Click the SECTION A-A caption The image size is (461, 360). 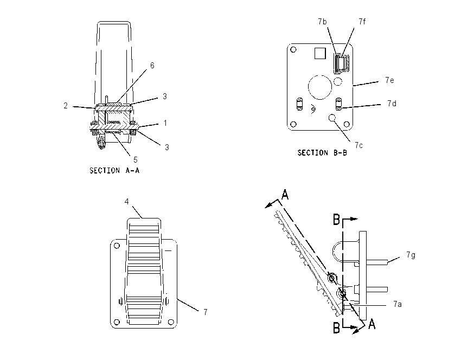point(114,170)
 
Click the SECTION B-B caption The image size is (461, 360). point(322,153)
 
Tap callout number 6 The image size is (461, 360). point(152,65)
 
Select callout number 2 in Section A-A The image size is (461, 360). point(66,106)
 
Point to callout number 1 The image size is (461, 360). point(165,123)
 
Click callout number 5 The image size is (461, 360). point(135,159)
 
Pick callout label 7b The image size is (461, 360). point(322,22)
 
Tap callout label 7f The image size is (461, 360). point(362,22)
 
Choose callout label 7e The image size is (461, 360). point(389,80)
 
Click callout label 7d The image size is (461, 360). point(392,104)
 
